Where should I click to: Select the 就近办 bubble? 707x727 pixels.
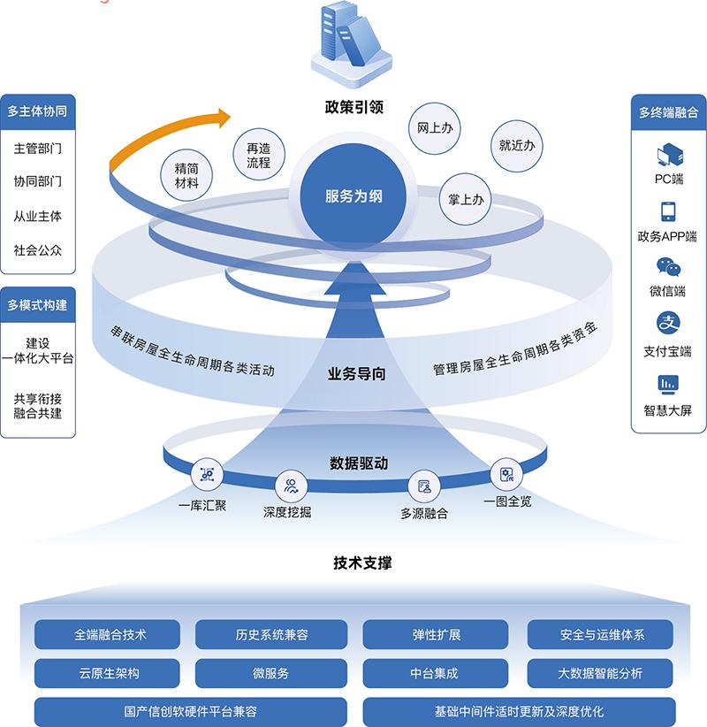click(x=516, y=146)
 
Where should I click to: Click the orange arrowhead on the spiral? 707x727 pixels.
click(x=219, y=117)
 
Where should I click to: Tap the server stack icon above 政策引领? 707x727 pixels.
click(x=353, y=42)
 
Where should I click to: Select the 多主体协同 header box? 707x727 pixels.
click(x=37, y=111)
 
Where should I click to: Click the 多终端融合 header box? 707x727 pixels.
click(x=668, y=112)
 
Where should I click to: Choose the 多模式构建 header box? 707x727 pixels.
click(x=37, y=306)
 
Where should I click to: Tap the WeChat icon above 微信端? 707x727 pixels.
click(x=668, y=267)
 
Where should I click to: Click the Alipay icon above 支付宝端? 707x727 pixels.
click(x=668, y=323)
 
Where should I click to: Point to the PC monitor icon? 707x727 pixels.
click(x=668, y=157)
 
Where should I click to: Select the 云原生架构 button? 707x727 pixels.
click(x=108, y=674)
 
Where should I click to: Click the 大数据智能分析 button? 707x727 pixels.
click(x=600, y=674)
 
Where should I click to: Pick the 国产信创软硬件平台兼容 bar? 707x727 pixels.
click(x=191, y=711)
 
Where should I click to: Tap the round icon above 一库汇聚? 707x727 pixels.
click(x=208, y=475)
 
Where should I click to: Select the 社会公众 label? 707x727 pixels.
click(x=38, y=249)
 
